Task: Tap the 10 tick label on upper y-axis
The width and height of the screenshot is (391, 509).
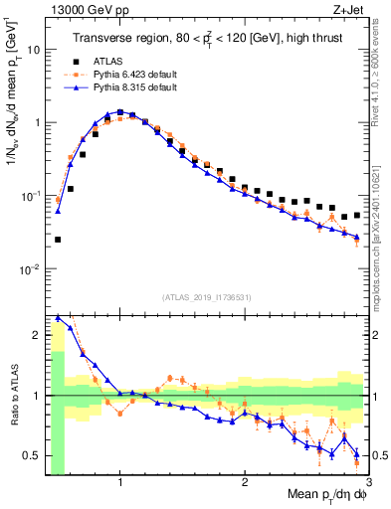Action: [33, 49]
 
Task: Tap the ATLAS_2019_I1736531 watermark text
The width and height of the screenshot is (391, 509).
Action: [207, 297]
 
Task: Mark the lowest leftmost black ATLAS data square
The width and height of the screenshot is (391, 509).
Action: [58, 240]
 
